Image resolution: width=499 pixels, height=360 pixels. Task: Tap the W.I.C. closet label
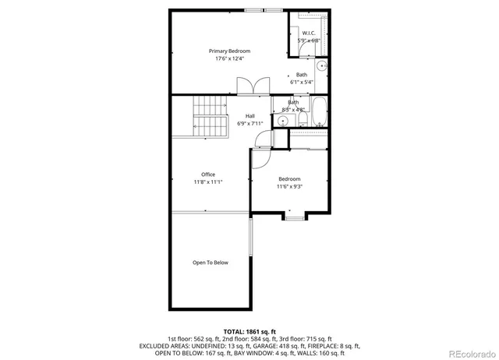(x=309, y=33)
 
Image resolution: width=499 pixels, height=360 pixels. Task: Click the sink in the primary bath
(x=322, y=65)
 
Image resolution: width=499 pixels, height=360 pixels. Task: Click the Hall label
(x=250, y=116)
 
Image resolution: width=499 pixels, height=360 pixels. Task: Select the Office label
(x=208, y=175)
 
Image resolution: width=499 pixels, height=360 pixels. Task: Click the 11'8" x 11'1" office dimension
(x=208, y=182)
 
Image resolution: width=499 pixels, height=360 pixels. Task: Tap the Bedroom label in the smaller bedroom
(x=289, y=178)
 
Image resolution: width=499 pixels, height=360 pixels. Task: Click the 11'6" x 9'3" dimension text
(x=289, y=186)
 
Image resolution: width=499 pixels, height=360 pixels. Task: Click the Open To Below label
(x=211, y=263)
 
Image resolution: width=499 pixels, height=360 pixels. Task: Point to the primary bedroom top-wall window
(x=263, y=10)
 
